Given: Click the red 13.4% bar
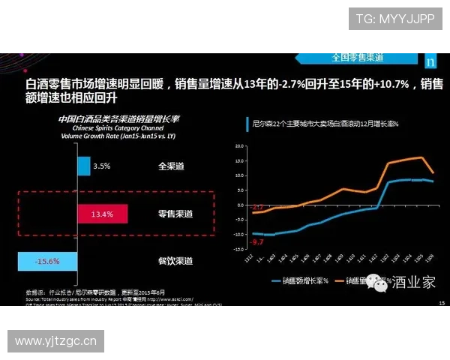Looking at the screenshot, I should pyautogui.click(x=103, y=214).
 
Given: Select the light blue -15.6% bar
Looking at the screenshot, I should pyautogui.click(x=47, y=261).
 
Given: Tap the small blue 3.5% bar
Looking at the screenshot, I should pyautogui.click(x=83, y=166).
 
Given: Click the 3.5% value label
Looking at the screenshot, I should pyautogui.click(x=102, y=166).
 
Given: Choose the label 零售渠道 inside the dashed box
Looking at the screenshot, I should pyautogui.click(x=175, y=214).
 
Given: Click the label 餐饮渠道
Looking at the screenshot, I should pyautogui.click(x=175, y=261).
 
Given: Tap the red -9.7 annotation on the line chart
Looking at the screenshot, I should pyautogui.click(x=258, y=243).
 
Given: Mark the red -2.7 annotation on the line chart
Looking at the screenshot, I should pyautogui.click(x=258, y=206).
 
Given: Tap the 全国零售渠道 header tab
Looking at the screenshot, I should pyautogui.click(x=358, y=58).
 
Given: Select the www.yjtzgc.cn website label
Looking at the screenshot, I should pyautogui.click(x=56, y=341).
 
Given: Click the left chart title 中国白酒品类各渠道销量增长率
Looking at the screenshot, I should pyautogui.click(x=124, y=119).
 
